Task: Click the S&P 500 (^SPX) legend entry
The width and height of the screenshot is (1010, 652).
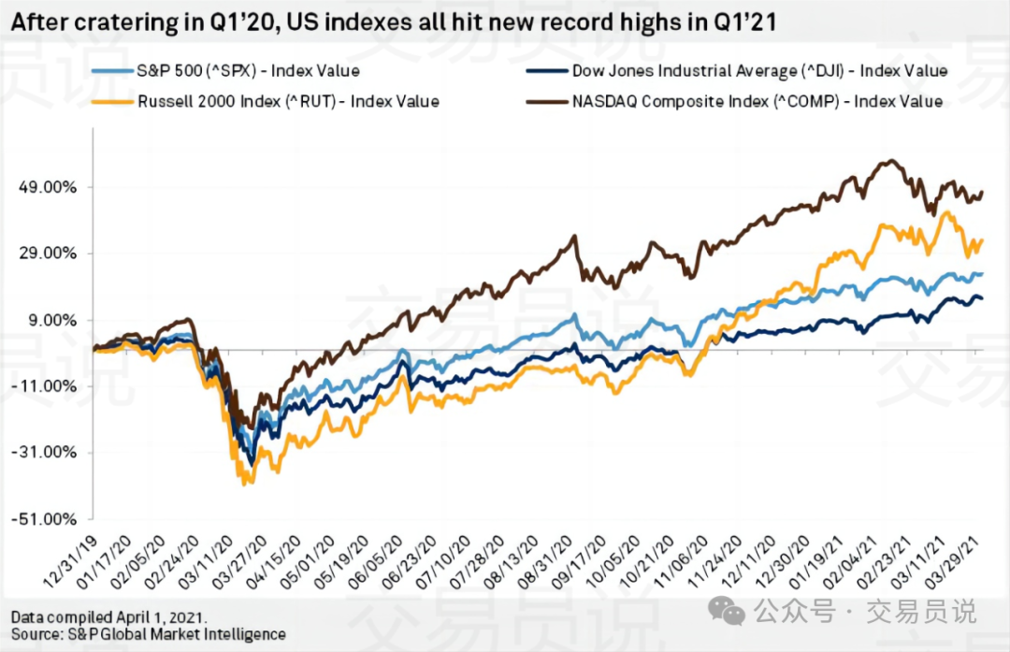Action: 247,70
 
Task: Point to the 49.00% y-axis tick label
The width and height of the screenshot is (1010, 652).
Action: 49,187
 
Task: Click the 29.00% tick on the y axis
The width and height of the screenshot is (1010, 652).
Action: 49,254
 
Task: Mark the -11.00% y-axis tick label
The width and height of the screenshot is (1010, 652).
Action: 47,386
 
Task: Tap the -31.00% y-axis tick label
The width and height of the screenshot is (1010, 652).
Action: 47,453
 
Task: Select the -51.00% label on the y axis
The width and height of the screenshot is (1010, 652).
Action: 47,519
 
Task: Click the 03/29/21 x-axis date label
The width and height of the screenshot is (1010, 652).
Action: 959,562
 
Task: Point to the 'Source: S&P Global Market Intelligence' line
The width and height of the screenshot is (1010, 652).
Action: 148,634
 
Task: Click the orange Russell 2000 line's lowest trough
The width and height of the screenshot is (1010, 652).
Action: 245,483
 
